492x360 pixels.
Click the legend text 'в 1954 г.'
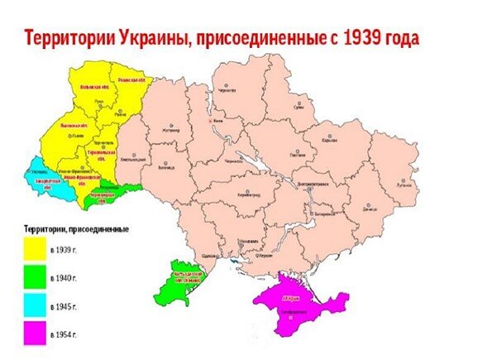point(64,335)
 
